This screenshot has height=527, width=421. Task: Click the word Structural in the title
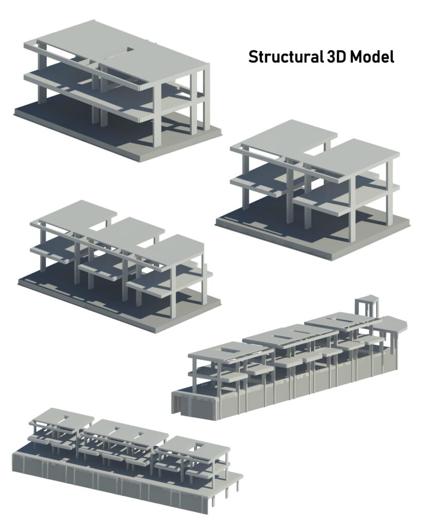pos(285,57)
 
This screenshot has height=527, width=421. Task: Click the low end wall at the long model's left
pos(195,403)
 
